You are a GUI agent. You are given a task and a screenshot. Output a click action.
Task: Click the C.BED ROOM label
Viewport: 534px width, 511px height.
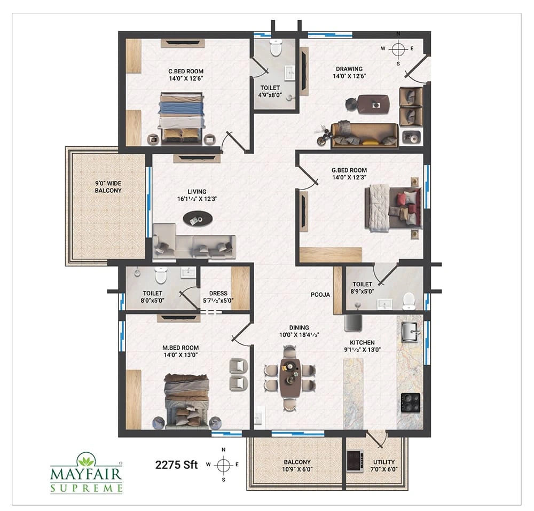[x=186, y=72]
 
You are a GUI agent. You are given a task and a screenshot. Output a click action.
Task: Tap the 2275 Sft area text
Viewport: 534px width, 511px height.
[x=176, y=465]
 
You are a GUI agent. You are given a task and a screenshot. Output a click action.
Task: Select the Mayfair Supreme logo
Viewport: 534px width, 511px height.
[x=86, y=473]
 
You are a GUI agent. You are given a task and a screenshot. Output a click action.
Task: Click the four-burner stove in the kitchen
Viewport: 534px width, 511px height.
[x=410, y=403]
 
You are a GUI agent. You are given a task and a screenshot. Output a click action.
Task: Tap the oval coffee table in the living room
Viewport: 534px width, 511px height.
[x=198, y=219]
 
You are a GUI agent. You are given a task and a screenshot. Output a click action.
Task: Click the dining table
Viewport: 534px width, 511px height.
[x=290, y=378]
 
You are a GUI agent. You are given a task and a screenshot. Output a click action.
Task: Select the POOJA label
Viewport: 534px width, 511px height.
[x=320, y=295]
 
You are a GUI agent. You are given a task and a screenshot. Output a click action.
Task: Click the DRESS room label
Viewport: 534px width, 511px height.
[x=218, y=294]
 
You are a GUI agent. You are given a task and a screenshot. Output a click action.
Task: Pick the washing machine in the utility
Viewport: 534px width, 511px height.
[x=355, y=461]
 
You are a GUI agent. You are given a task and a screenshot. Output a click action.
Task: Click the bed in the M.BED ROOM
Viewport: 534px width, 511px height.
[x=186, y=402]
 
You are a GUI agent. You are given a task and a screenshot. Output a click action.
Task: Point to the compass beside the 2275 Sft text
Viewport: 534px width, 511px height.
[x=223, y=465]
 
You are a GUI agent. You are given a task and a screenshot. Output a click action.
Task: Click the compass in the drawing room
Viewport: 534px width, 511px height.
[x=398, y=49]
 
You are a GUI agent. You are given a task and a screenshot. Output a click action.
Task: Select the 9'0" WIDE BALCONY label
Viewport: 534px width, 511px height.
[x=108, y=187]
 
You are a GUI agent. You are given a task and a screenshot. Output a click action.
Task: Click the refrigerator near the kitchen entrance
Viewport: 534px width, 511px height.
[x=353, y=323]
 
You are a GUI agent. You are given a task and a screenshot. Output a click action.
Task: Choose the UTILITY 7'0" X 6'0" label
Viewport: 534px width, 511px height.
[x=384, y=466]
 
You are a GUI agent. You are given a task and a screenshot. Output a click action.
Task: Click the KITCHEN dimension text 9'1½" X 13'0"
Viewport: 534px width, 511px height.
[x=363, y=350]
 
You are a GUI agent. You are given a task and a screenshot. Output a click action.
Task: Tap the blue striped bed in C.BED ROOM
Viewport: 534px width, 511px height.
[x=182, y=117]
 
